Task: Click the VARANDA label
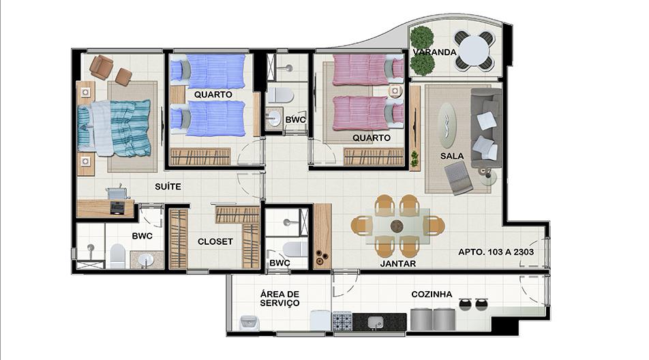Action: point(435,52)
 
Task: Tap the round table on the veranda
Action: point(474,50)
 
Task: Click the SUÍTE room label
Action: point(168,187)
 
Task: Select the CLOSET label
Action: point(215,241)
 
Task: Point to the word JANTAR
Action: point(398,264)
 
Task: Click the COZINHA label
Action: point(432,295)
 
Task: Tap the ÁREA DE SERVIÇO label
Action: point(280,299)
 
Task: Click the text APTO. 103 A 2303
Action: point(496,252)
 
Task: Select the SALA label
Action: point(452,156)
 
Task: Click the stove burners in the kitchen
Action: point(342,322)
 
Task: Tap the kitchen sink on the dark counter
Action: point(376,322)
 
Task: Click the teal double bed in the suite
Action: point(115,128)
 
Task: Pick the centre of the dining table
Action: point(397,226)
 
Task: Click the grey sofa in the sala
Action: point(486,128)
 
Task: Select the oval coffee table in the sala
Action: point(447,125)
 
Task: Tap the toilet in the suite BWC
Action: point(117,256)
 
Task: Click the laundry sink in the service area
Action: point(249,322)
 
